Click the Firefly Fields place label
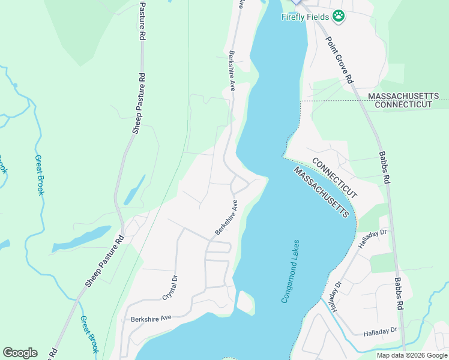pyautogui.click(x=304, y=17)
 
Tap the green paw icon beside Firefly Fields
pyautogui.click(x=339, y=16)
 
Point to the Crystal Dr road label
pyautogui.click(x=170, y=287)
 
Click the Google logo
pyautogui.click(x=20, y=353)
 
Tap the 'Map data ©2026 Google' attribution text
pyautogui.click(x=412, y=355)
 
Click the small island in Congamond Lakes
pyautogui.click(x=246, y=302)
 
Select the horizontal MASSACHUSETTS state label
pyautogui.click(x=403, y=96)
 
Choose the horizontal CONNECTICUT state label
pyautogui.click(x=403, y=104)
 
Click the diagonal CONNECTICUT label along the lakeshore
pyautogui.click(x=334, y=178)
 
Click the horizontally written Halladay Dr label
pyautogui.click(x=380, y=331)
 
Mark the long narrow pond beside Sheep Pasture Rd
pyautogui.click(x=81, y=239)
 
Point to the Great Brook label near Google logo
pyautogui.click(x=89, y=334)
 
